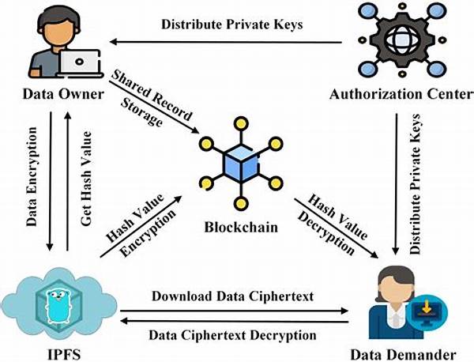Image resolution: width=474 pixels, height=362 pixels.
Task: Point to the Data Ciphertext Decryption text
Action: coord(234,335)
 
